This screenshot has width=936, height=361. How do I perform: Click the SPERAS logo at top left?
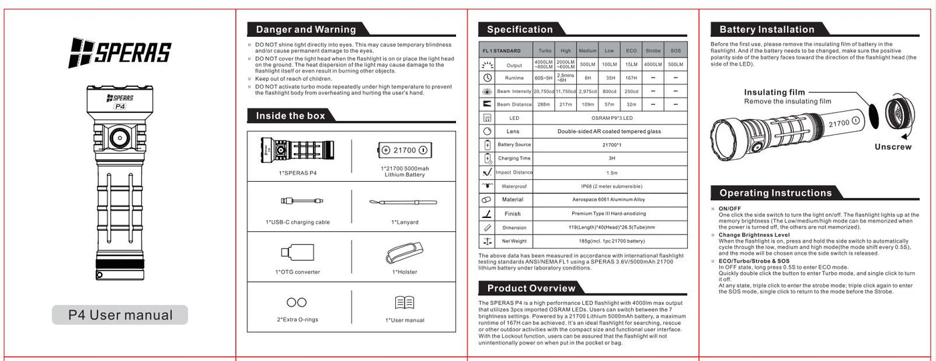[120, 53]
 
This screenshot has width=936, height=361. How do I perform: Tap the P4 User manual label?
[120, 315]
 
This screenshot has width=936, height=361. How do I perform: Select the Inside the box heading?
[291, 116]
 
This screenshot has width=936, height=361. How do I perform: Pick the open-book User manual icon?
[404, 303]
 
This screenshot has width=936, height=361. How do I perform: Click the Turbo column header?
[545, 51]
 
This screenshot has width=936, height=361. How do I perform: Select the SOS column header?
[675, 51]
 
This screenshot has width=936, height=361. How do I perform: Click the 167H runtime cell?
[631, 78]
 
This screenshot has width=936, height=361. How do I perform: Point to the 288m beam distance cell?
[543, 104]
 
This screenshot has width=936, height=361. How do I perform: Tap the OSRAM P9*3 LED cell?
[607, 118]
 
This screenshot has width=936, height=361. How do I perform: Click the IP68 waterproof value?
[607, 186]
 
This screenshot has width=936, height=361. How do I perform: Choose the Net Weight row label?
[514, 241]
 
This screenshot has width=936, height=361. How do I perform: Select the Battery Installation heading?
[767, 29]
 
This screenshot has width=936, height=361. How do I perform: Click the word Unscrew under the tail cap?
[893, 147]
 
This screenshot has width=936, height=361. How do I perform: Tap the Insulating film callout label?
[774, 92]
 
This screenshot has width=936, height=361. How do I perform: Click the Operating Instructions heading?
[776, 193]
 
